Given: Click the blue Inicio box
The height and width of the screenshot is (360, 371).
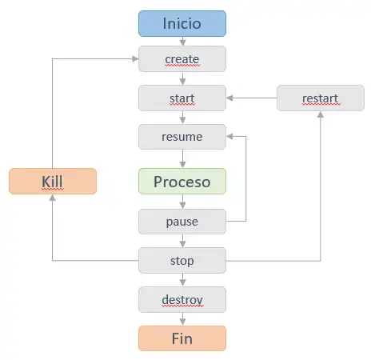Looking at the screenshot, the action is click(x=182, y=23).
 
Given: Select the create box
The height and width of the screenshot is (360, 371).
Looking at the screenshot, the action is click(x=182, y=59).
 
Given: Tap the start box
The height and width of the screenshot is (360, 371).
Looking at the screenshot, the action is click(x=182, y=98).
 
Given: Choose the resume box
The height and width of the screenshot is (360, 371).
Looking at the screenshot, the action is click(x=182, y=137).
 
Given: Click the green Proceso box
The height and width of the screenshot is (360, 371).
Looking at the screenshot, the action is click(x=182, y=182).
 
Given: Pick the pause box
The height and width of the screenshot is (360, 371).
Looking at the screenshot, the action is click(x=182, y=222).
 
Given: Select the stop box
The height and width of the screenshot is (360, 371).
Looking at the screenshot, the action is click(x=182, y=261).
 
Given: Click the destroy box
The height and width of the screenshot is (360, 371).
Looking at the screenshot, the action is click(x=182, y=299).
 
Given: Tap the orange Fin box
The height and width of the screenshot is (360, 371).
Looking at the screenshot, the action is click(x=182, y=338).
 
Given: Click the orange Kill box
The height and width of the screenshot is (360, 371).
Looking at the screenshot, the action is click(x=53, y=182).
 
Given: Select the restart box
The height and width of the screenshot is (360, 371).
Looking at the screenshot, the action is click(x=321, y=98).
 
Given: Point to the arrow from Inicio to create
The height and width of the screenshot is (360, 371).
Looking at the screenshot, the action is click(x=182, y=42).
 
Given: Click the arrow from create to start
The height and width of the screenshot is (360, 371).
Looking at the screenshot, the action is click(x=182, y=78).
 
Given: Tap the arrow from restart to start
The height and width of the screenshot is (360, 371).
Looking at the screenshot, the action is click(x=252, y=98).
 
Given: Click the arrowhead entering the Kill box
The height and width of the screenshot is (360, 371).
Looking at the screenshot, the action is click(x=53, y=198).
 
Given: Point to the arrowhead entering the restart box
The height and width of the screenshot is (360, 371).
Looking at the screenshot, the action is click(x=321, y=114).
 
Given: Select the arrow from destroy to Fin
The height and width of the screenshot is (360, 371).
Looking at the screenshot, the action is click(x=182, y=319).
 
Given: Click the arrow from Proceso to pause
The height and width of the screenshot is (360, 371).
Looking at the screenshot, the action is click(x=182, y=202).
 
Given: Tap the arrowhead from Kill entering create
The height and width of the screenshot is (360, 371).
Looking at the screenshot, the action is click(x=135, y=59).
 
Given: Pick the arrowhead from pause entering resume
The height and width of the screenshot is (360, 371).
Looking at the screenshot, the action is click(x=229, y=137).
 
